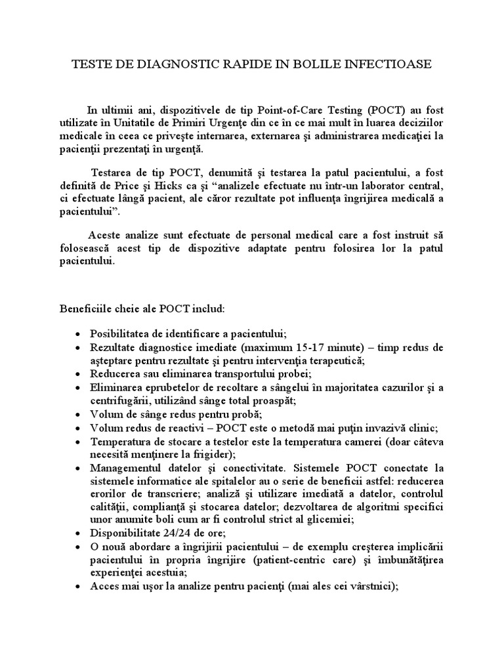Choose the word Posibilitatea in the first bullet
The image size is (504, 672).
(x=123, y=333)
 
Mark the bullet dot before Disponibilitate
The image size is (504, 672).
(x=78, y=534)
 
